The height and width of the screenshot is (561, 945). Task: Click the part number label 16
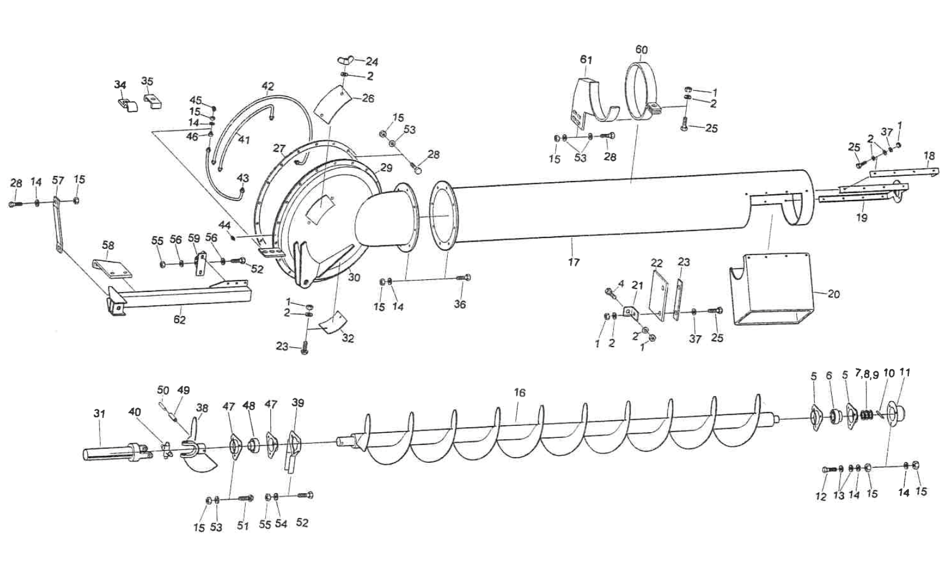click(x=520, y=393)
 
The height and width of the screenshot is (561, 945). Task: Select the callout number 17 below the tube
click(x=574, y=262)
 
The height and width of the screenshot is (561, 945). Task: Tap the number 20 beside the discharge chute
click(x=834, y=294)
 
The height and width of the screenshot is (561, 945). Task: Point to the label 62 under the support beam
click(x=180, y=320)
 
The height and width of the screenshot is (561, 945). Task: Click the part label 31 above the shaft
click(x=100, y=413)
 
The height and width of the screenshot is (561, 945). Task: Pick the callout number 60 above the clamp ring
click(x=641, y=50)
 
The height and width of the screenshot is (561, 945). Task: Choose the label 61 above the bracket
click(x=586, y=60)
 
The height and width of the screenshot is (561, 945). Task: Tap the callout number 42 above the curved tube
click(x=268, y=86)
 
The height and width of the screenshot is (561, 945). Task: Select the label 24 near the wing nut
click(x=372, y=62)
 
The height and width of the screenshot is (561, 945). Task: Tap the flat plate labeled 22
click(x=659, y=294)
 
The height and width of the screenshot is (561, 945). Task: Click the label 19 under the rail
click(x=861, y=217)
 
